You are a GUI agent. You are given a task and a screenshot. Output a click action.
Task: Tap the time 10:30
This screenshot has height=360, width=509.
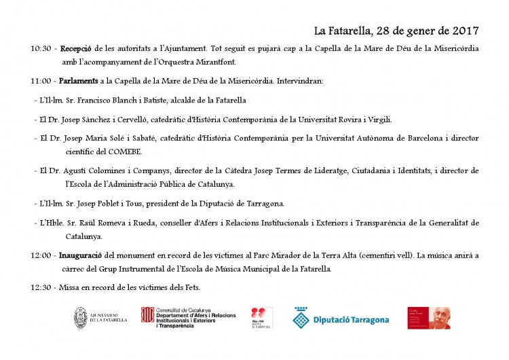[41, 49]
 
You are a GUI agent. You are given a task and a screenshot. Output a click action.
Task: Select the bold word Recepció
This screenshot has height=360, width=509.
[77, 49]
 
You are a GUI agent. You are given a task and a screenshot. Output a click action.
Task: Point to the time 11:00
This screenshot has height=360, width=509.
[41, 82]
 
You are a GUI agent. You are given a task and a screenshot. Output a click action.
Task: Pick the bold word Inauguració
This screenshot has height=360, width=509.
[81, 255]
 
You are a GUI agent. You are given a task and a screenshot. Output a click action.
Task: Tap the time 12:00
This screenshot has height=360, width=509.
[41, 255]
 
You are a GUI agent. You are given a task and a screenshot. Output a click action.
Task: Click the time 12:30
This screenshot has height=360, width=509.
[41, 287]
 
